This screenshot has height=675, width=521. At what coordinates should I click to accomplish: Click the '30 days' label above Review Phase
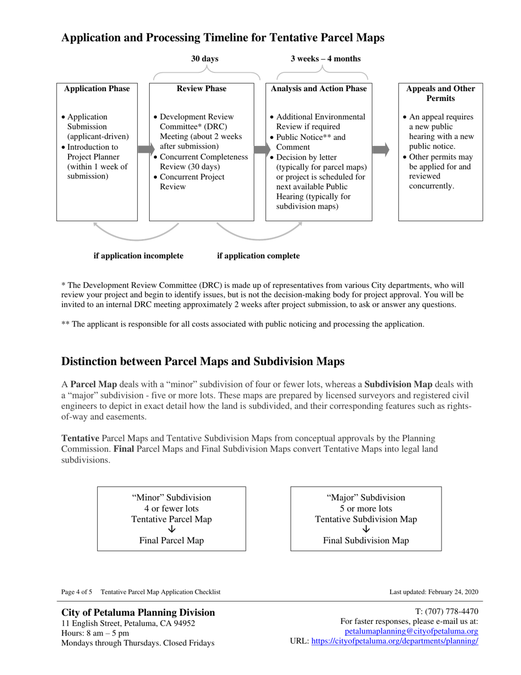(205, 59)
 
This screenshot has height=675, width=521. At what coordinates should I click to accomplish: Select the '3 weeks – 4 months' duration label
(325, 59)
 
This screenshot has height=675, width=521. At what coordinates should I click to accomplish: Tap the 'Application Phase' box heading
(97, 89)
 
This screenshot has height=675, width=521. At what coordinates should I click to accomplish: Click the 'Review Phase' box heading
(201, 89)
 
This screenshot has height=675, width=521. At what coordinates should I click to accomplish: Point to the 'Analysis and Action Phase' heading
(319, 89)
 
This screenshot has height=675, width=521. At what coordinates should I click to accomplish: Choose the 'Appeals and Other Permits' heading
(440, 94)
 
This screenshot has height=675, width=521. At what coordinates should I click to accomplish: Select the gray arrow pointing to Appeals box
(381, 149)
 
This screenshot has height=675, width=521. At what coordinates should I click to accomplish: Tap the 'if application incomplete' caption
(138, 256)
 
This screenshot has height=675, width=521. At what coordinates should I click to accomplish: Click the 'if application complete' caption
(258, 256)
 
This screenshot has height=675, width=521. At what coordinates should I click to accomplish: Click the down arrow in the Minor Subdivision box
(172, 530)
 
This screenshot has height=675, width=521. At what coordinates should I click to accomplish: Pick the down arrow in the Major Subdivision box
(366, 530)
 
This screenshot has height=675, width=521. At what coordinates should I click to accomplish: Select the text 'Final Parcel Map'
(172, 541)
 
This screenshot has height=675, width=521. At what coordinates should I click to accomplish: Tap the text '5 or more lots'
(366, 509)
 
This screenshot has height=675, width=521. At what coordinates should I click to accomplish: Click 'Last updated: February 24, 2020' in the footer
(433, 592)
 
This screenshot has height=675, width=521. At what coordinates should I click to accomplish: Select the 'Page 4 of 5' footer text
(77, 592)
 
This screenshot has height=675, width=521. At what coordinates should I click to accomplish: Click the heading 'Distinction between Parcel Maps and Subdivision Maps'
(203, 362)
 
